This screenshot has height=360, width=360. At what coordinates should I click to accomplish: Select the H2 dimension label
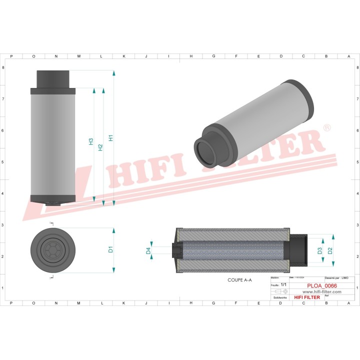click(100, 147)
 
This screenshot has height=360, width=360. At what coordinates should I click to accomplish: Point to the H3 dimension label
click(91, 141)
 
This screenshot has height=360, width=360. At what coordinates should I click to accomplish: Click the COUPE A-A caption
click(239, 280)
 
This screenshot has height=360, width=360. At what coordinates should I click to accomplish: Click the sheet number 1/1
click(283, 284)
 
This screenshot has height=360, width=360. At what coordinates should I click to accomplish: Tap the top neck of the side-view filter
click(52, 79)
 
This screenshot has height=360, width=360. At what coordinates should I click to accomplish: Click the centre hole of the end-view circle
click(52, 249)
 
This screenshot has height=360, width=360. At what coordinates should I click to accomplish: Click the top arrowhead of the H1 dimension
click(114, 73)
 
